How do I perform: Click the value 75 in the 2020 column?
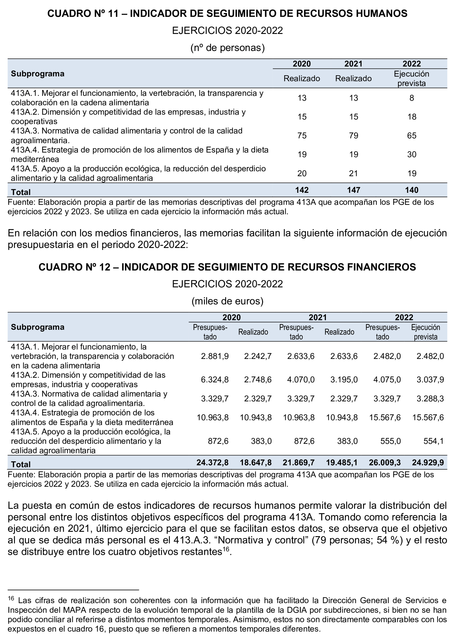(302, 136)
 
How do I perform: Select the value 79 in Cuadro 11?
(353, 136)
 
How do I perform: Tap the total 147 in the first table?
(353, 190)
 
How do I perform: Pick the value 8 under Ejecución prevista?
(411, 98)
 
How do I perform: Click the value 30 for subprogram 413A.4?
(411, 154)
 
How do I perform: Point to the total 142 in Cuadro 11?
(302, 190)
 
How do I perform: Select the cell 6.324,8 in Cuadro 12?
(215, 379)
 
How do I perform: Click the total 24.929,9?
(428, 462)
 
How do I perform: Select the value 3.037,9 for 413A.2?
(430, 379)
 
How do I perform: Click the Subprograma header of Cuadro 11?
(38, 74)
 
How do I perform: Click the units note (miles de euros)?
(227, 301)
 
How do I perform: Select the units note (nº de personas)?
(227, 48)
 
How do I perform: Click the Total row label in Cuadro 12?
(21, 464)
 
